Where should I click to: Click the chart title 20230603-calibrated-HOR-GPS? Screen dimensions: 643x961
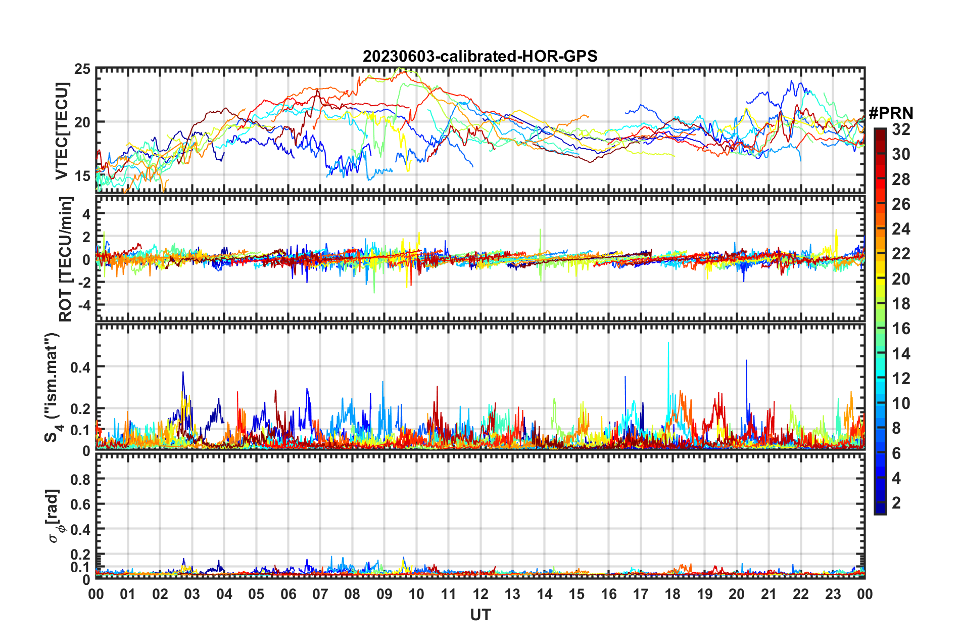(480, 56)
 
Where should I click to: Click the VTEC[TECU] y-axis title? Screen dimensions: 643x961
(62, 131)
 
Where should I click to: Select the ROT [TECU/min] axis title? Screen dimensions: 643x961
(66, 259)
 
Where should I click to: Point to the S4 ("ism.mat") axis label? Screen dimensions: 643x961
(53, 387)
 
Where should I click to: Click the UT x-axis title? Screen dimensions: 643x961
(480, 615)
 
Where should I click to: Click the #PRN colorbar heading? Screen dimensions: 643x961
(890, 113)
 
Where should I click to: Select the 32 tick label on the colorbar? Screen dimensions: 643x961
(901, 129)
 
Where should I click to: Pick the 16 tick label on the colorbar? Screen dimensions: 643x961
(901, 329)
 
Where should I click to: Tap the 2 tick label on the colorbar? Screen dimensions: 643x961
(897, 502)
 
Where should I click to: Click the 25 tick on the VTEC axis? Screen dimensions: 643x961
(82, 69)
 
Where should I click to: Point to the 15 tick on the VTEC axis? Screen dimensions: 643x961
(82, 176)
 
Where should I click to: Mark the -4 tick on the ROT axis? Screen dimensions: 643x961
(83, 305)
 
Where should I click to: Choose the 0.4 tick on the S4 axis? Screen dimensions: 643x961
(80, 367)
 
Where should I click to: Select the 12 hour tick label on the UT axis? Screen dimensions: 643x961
(480, 594)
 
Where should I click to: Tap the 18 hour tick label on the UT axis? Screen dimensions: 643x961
(672, 594)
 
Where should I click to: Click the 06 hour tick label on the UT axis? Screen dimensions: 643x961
(288, 594)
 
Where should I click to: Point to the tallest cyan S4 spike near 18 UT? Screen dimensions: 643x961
(668, 344)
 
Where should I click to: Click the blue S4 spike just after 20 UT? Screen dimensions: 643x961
(746, 361)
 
